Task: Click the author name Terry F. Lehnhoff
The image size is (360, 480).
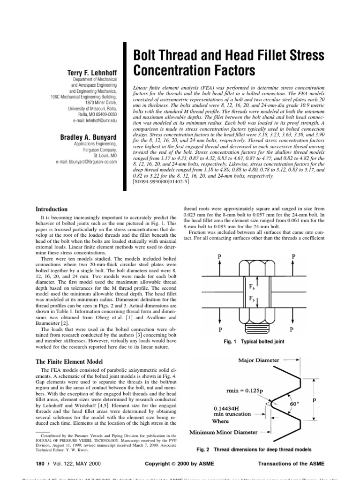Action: pyautogui.click(x=95, y=73)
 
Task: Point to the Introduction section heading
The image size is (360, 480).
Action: pyautogui.click(x=52, y=209)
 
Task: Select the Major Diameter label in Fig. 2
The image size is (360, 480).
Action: pyautogui.click(x=259, y=360)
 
